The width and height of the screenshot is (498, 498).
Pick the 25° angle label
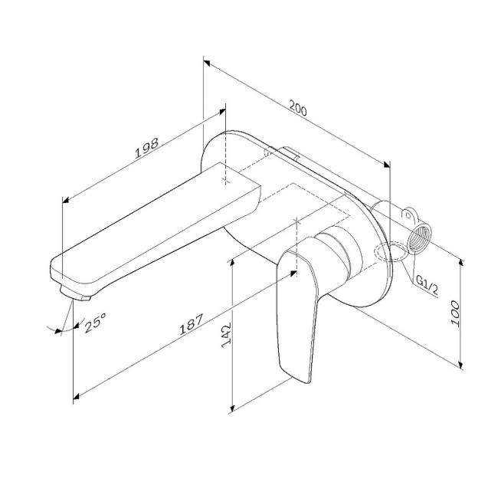click(95, 324)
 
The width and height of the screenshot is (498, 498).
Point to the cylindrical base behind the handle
click(339, 251)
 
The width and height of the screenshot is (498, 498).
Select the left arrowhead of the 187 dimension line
click(77, 398)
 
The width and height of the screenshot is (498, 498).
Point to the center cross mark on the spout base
click(225, 180)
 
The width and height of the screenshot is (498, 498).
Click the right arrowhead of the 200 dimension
click(385, 164)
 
